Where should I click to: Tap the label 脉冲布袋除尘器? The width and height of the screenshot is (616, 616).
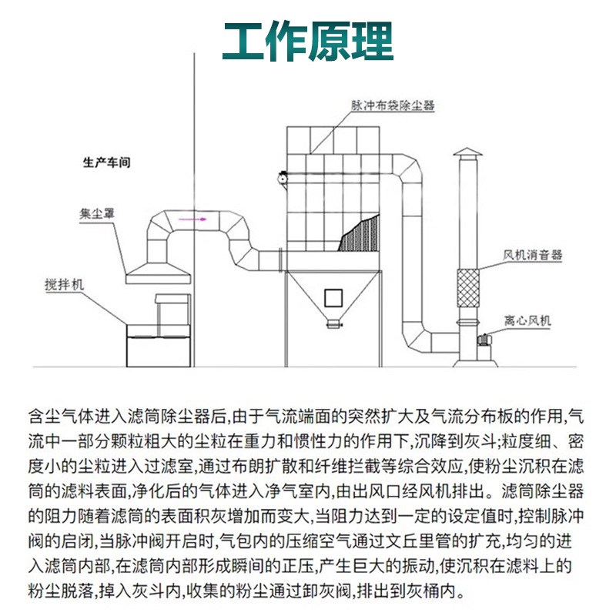(393, 105)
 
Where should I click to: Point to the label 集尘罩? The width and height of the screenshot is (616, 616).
(97, 212)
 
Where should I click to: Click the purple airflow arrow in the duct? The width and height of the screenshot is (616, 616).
(190, 220)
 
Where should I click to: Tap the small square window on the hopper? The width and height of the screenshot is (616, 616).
(333, 296)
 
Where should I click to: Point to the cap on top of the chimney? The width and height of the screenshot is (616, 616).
(467, 151)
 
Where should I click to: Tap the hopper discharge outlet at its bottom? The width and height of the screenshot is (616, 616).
(332, 324)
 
